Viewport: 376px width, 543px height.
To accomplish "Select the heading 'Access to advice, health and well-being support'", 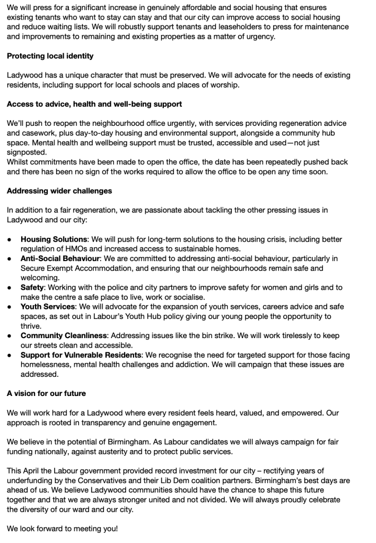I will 94,104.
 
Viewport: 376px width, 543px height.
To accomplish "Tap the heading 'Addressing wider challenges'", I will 59,191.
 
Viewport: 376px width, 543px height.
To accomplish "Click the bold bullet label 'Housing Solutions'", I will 54,239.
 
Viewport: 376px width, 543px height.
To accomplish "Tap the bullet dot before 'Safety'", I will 10,288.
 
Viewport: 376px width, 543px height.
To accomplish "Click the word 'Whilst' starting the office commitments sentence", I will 19,161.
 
